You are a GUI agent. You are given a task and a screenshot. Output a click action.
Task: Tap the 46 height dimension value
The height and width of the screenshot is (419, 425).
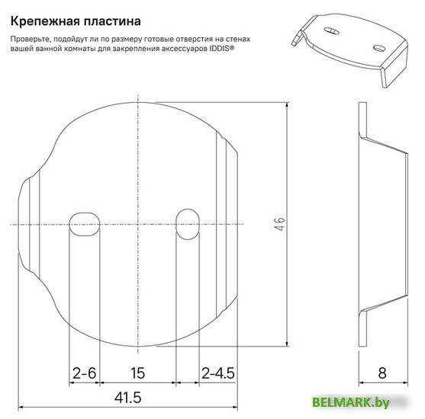coord(279,223)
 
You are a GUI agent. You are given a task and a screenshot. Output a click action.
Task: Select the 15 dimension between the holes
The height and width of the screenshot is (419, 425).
coord(137,373)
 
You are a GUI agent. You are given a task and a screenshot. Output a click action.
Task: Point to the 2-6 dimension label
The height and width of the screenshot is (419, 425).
coord(84,373)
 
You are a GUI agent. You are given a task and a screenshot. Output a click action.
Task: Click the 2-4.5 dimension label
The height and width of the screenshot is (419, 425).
coord(218,373)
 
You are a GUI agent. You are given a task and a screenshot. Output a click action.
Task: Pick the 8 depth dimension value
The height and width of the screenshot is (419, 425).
coord(382,373)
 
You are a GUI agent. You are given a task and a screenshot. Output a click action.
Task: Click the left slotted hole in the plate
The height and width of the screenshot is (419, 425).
coord(84,225)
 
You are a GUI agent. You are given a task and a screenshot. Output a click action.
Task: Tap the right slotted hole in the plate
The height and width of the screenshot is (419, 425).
coord(188,225)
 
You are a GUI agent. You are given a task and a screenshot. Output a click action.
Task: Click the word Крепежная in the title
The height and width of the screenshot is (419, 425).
coord(44,21)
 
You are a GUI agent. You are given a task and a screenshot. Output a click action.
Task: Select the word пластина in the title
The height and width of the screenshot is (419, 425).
coord(112,21)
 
